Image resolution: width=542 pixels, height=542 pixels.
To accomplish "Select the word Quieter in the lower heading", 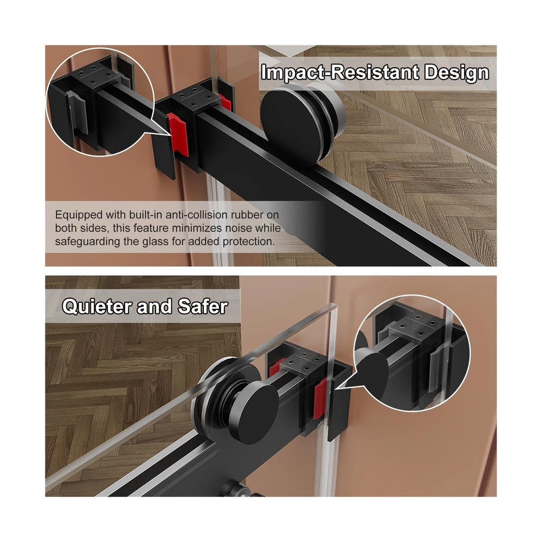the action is tap(98, 306).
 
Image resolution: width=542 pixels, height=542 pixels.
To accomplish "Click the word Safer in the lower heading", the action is tap(203, 306).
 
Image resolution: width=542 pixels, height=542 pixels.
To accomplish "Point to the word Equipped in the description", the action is tap(79, 215).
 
